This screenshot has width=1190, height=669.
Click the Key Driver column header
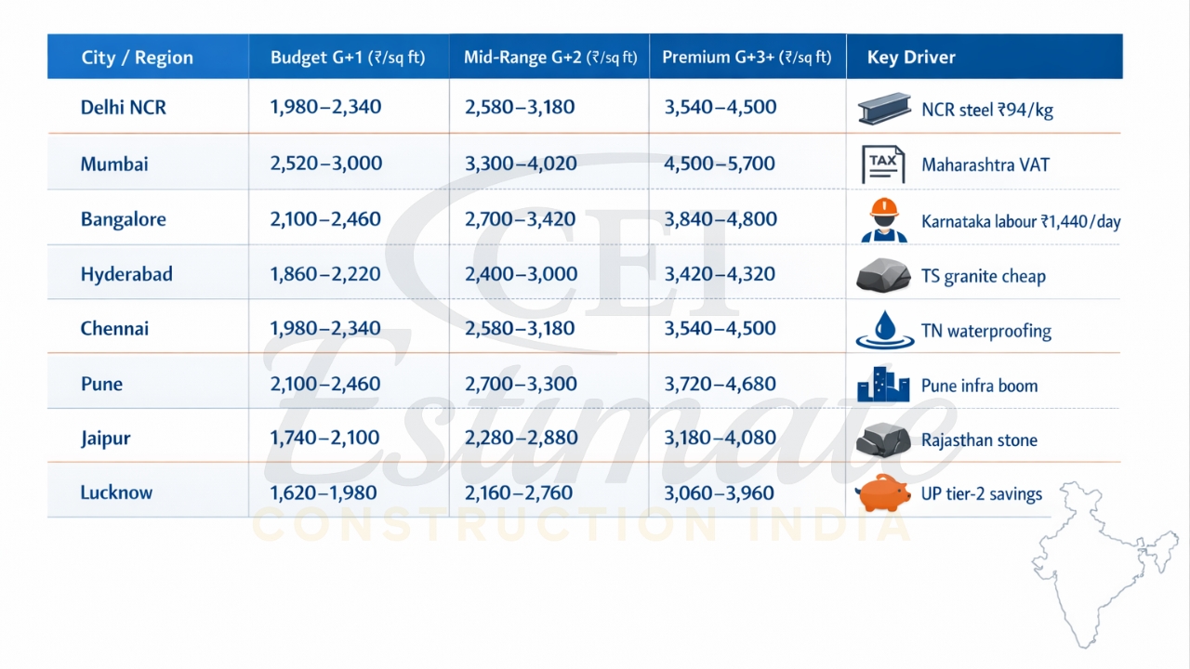click(911, 58)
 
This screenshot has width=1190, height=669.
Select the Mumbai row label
click(114, 164)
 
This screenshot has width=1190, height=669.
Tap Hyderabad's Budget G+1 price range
click(325, 274)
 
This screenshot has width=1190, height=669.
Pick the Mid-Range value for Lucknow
click(520, 492)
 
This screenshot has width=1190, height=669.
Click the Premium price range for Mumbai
click(720, 164)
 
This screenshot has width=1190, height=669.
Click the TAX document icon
click(882, 164)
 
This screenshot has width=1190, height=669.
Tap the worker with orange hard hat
click(883, 220)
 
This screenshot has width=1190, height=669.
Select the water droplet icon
click(884, 330)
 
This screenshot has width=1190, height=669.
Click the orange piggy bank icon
click(883, 492)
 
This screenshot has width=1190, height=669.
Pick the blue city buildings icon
click(883, 385)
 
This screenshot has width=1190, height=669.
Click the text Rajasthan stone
click(979, 440)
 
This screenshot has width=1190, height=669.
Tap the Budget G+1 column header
click(348, 58)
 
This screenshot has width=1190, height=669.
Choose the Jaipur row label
click(105, 438)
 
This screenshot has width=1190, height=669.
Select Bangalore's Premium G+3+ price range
click(720, 219)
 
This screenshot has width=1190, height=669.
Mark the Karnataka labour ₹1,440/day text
click(1021, 222)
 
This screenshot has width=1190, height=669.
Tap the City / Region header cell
click(137, 58)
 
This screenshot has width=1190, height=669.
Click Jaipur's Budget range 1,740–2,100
click(325, 438)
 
